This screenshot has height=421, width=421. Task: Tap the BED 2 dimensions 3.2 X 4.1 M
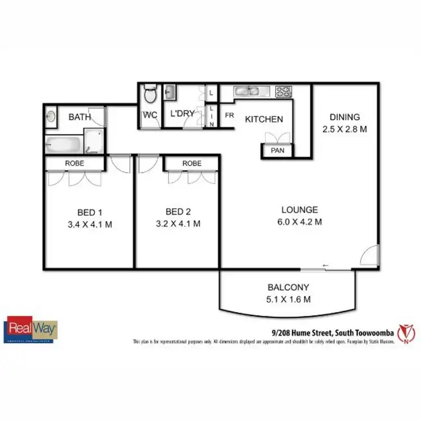(x=179, y=223)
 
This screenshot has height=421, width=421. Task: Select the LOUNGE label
(x=300, y=210)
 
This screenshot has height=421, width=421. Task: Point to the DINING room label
(x=344, y=117)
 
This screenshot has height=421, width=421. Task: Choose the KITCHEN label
(x=263, y=119)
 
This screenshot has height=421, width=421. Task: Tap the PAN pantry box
(x=277, y=151)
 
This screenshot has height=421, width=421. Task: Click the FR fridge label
(x=229, y=115)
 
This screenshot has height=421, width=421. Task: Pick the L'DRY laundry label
(x=182, y=113)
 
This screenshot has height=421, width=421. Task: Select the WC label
(x=150, y=115)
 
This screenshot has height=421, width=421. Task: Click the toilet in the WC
(x=149, y=94)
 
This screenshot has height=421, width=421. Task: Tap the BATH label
(x=79, y=117)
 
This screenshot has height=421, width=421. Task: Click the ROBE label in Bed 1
(x=75, y=163)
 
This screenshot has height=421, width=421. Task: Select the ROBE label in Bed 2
(x=191, y=163)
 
